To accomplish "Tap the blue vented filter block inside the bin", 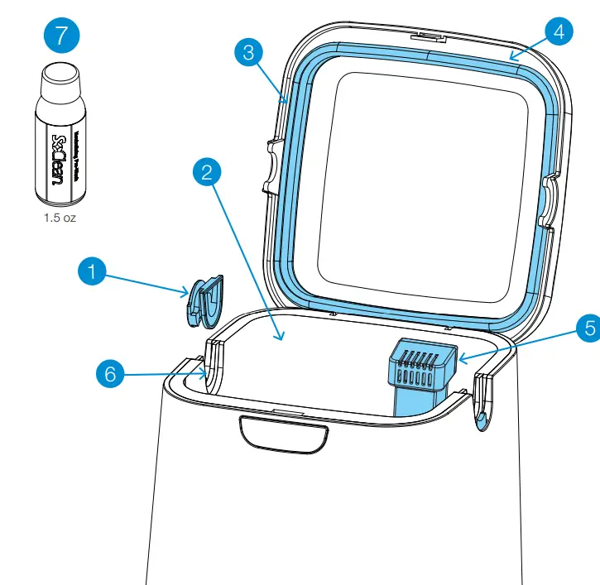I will coord(422,369).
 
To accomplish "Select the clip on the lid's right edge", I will coord(549,201).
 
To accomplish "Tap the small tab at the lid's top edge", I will coord(428,36).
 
